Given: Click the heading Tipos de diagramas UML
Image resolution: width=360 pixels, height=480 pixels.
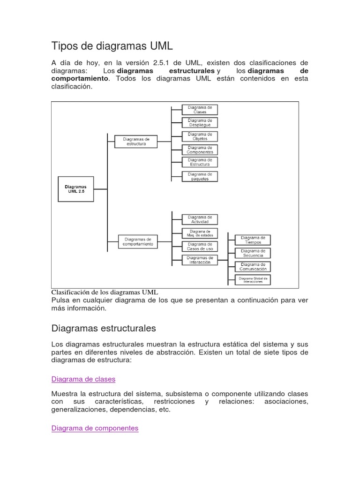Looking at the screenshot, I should tap(112, 46).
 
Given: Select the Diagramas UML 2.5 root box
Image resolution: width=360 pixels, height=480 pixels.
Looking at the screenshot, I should tap(75, 189).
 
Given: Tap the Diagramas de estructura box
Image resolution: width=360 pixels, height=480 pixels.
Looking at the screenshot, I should tap(136, 141).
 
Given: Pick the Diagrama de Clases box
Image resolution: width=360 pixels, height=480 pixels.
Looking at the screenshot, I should tap(200, 110).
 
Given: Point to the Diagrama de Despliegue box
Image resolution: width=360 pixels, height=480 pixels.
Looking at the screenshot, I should tap(200, 123).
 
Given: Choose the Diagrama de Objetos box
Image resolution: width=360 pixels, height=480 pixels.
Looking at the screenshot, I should tap(200, 136).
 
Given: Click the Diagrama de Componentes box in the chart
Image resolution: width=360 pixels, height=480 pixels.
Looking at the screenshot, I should tap(200, 150).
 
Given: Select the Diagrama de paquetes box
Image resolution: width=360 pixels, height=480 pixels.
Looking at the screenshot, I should tap(200, 176).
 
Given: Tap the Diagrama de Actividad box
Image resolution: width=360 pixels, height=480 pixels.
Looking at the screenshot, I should tap(200, 219).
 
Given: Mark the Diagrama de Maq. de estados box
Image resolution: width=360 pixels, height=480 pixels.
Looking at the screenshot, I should tap(200, 233).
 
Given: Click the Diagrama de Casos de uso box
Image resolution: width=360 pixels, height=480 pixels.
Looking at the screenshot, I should tap(200, 247).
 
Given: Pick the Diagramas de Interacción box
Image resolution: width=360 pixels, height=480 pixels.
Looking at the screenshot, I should tap(200, 260).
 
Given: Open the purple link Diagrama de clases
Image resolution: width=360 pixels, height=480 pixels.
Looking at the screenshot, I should tap(83, 379).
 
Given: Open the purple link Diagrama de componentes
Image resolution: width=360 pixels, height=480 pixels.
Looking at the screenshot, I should tap(95, 428).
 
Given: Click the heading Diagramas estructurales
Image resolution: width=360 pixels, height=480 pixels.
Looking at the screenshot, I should tap(104, 328).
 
